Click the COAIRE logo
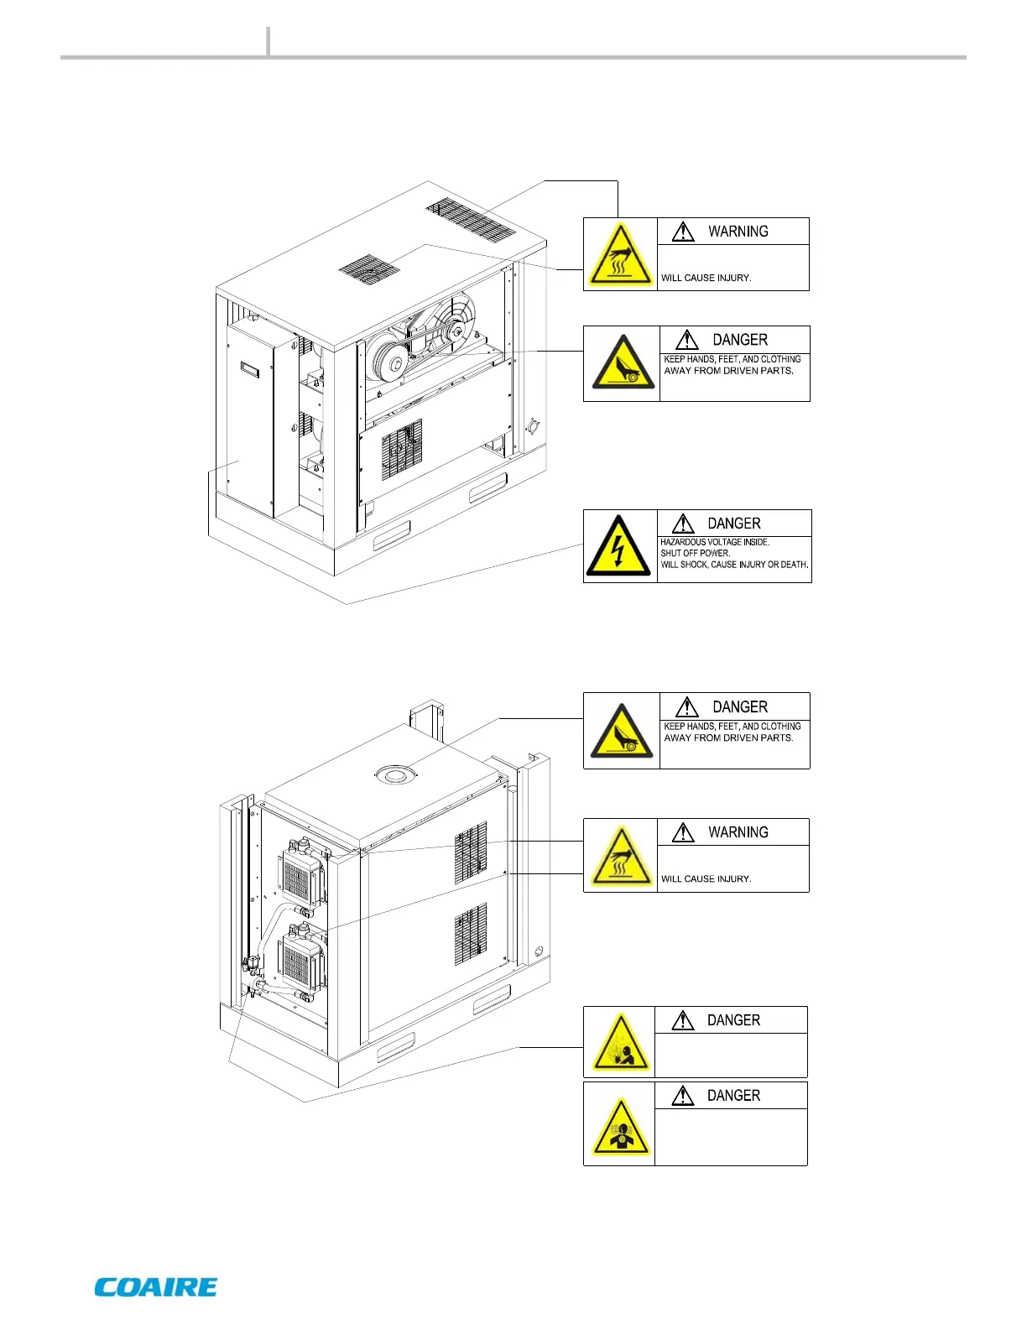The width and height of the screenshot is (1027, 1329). (x=156, y=1287)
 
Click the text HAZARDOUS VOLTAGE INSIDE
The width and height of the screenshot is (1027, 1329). (x=715, y=542)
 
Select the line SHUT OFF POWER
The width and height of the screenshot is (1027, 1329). (x=695, y=553)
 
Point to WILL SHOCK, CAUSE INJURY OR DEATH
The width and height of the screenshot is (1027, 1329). (x=734, y=565)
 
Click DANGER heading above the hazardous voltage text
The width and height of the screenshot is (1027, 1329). (x=733, y=524)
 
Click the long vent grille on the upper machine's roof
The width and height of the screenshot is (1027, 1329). (x=470, y=220)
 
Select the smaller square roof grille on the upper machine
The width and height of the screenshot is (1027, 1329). (x=369, y=268)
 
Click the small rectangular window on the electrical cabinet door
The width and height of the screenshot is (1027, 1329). (x=250, y=368)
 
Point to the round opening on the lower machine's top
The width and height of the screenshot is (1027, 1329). (x=394, y=774)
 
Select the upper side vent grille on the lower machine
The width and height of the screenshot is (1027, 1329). (x=471, y=853)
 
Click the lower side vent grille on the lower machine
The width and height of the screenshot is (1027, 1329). (x=471, y=934)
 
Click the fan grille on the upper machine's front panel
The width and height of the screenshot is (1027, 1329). (x=402, y=449)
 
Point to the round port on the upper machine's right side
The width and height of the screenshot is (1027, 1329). (x=531, y=427)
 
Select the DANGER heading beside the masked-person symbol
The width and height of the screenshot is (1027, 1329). (x=733, y=1096)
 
